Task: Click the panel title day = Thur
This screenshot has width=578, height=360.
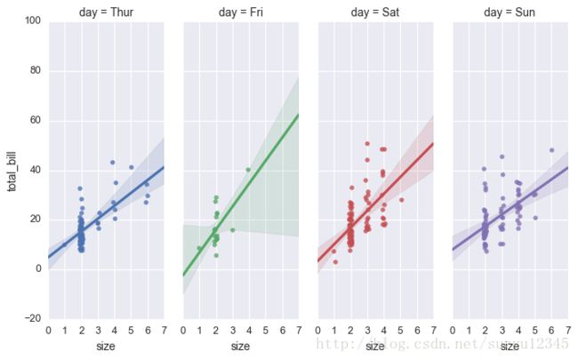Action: point(106,12)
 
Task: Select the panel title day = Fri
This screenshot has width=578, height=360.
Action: point(240,12)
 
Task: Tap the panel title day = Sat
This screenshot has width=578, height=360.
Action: point(375,12)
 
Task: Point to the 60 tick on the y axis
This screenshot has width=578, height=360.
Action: point(35,121)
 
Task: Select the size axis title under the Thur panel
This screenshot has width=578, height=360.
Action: point(105,346)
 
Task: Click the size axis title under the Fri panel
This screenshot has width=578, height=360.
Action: point(240,346)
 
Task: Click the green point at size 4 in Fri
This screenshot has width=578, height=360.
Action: point(248,170)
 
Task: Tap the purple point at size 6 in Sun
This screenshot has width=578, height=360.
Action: point(551,150)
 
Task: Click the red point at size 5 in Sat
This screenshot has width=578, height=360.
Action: point(401,200)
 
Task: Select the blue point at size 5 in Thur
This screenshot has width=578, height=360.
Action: point(131,167)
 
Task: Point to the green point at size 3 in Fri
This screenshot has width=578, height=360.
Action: point(232,229)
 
